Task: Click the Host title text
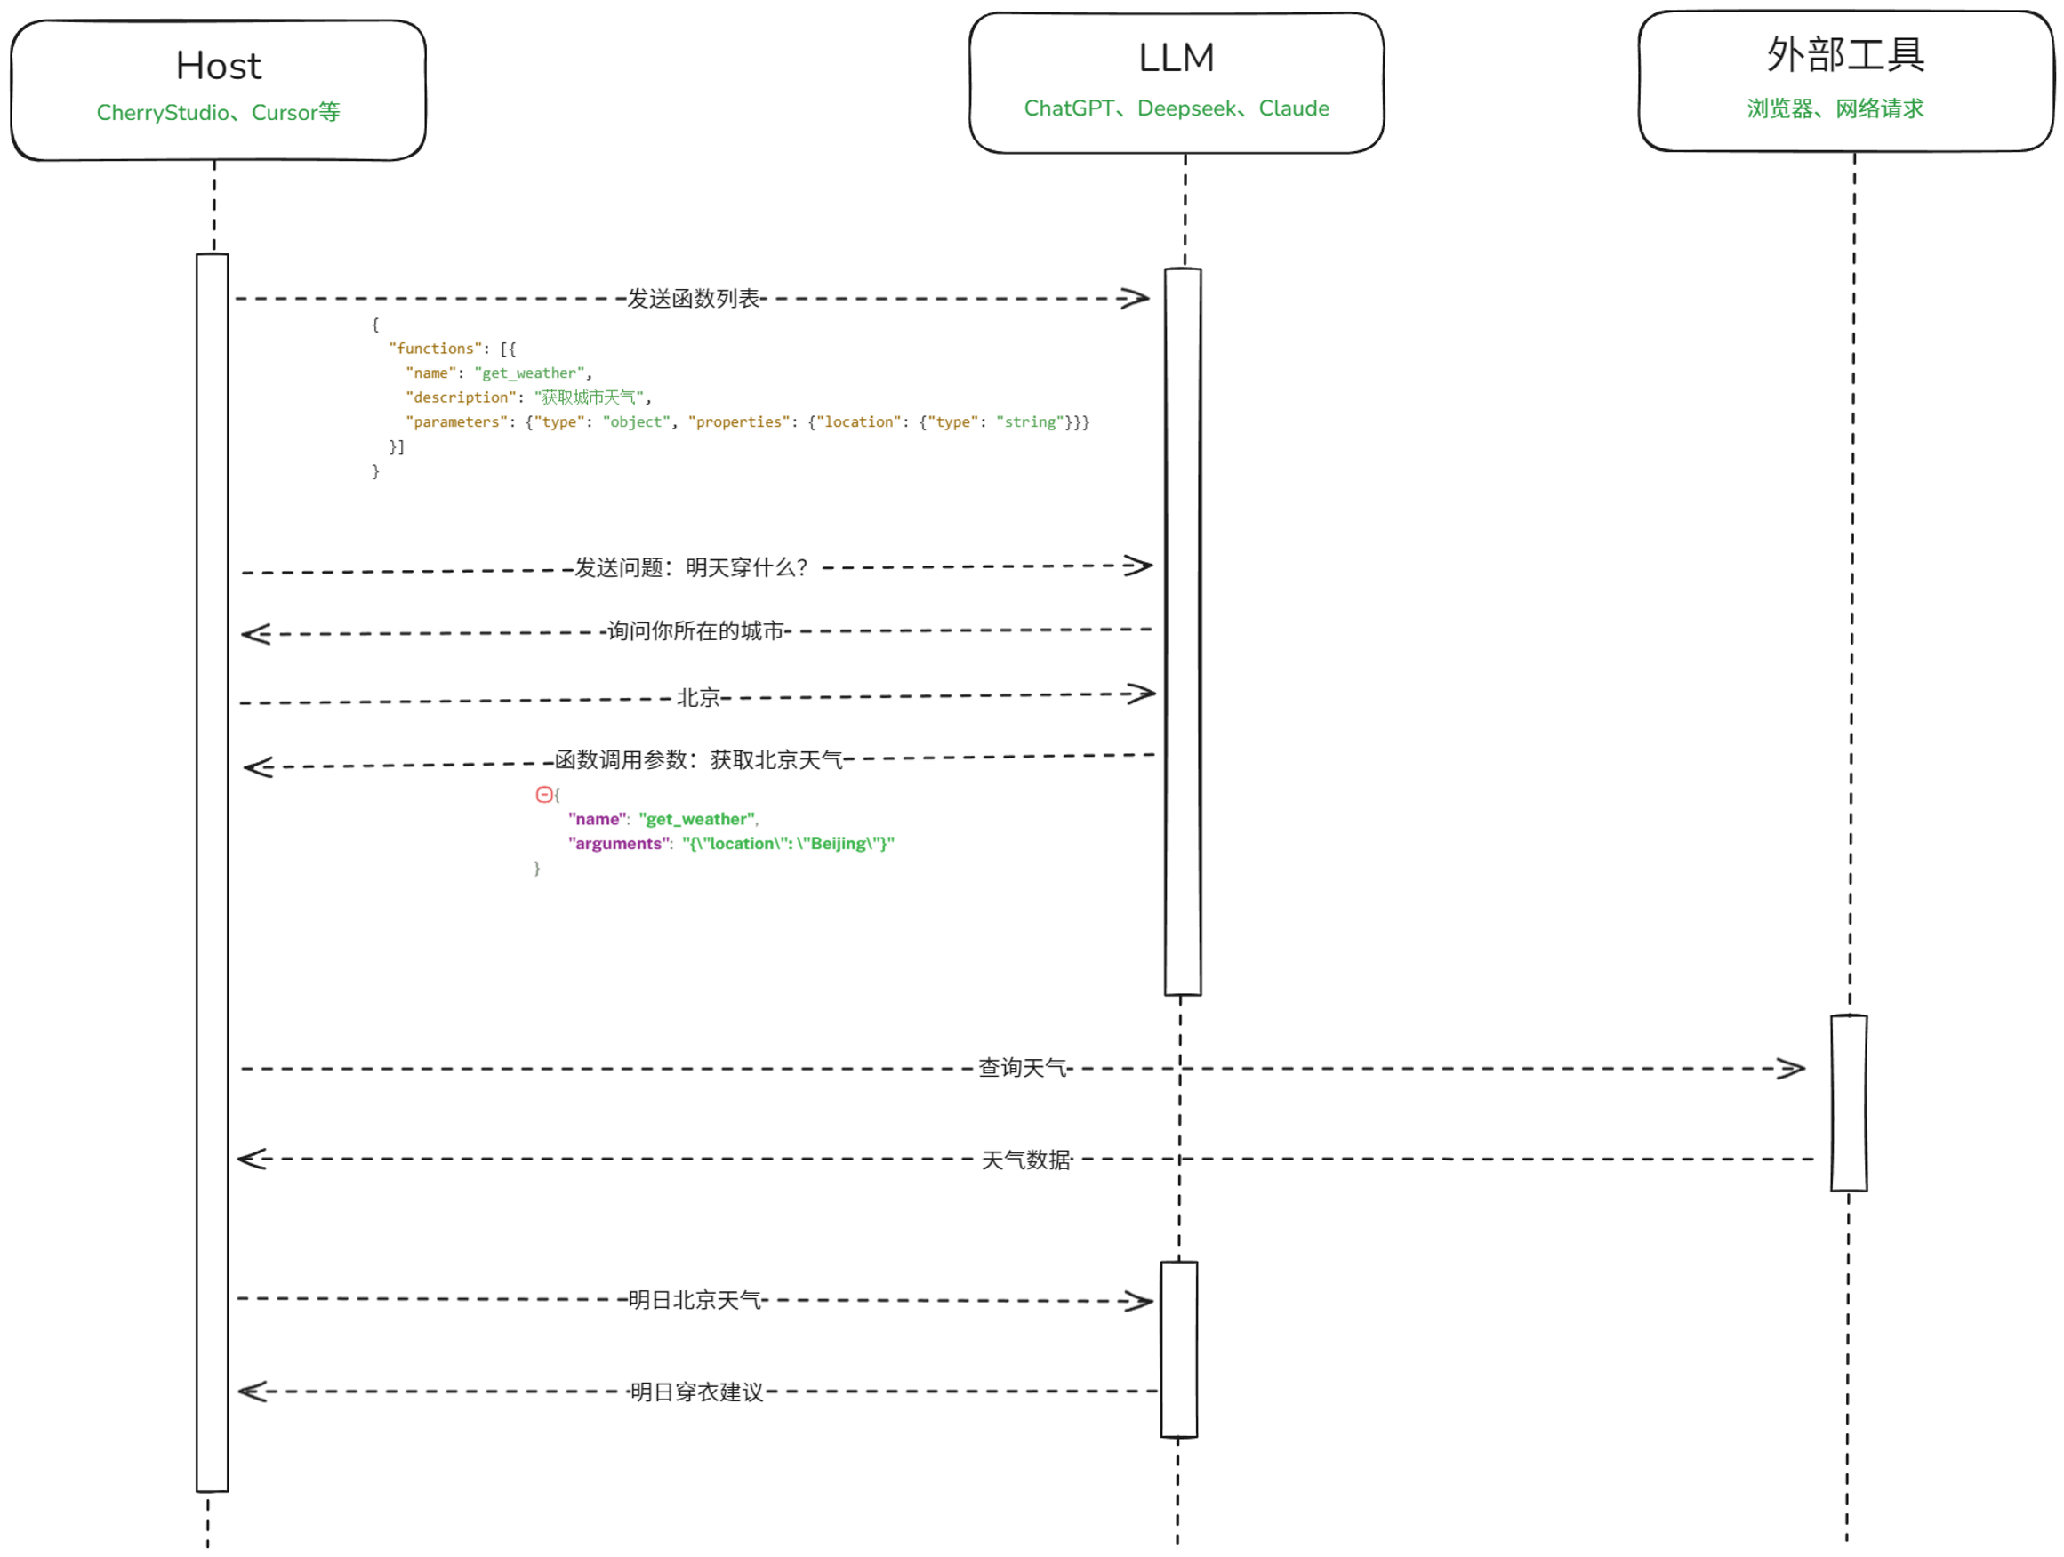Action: (219, 66)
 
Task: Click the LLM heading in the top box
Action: (1176, 58)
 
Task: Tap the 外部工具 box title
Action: (1844, 55)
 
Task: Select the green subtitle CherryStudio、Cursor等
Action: (219, 113)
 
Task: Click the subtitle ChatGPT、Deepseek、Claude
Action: (1176, 108)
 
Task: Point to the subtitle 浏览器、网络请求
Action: (1835, 109)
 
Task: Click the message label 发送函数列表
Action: (693, 299)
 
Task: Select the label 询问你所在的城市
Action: (695, 630)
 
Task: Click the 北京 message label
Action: (698, 698)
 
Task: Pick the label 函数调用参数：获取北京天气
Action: (698, 759)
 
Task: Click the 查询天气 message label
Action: (1022, 1068)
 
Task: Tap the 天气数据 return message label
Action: (1025, 1160)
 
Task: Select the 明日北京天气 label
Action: (695, 1299)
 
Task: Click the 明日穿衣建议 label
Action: (696, 1392)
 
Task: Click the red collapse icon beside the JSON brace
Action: (544, 795)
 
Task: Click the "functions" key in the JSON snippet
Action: (435, 349)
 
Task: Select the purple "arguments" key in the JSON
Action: (619, 843)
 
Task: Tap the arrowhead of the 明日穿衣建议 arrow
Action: (251, 1392)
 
